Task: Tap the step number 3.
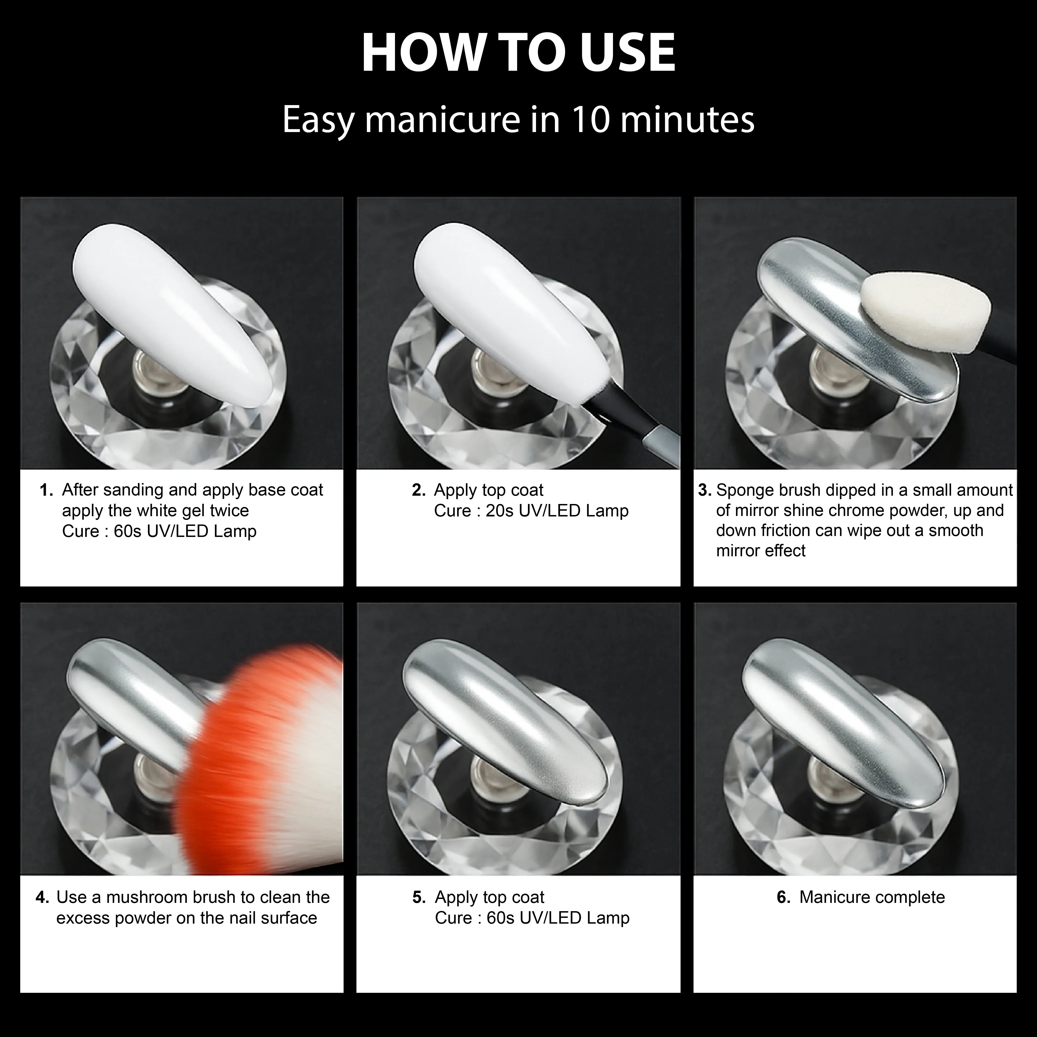[x=704, y=490]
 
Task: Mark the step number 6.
[x=783, y=897]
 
